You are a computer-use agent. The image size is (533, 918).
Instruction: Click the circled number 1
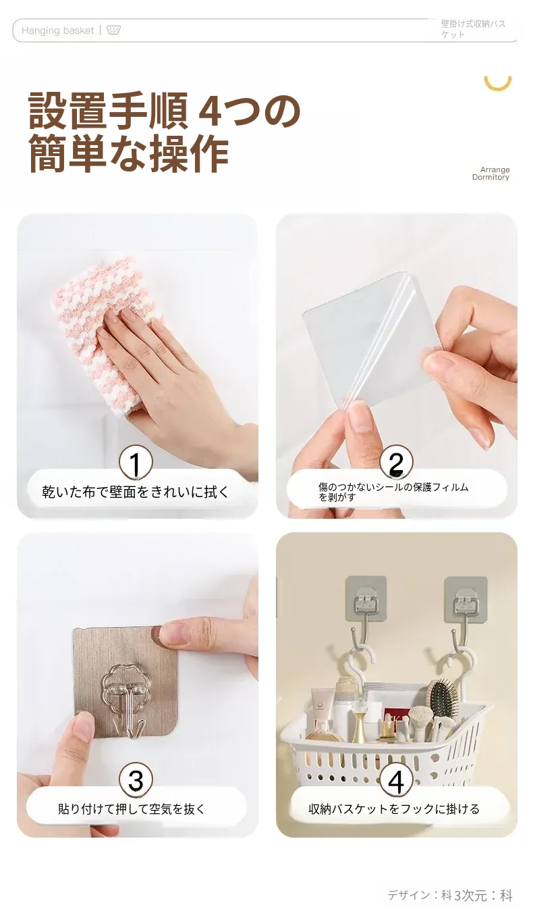pyautogui.click(x=136, y=463)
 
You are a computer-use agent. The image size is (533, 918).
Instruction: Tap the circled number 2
pyautogui.click(x=396, y=463)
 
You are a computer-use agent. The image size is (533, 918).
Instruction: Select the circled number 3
pyautogui.click(x=136, y=781)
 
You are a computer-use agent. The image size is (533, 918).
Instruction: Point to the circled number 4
pyautogui.click(x=396, y=781)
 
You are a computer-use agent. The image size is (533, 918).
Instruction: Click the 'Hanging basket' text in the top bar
pyautogui.click(x=58, y=31)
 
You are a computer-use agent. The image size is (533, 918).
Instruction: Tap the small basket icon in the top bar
pyautogui.click(x=113, y=30)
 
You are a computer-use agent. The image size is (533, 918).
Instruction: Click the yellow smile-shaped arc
pyautogui.click(x=497, y=84)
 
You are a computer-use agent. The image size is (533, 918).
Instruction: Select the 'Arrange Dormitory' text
pyautogui.click(x=491, y=174)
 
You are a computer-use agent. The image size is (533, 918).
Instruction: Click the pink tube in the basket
pyautogui.click(x=322, y=706)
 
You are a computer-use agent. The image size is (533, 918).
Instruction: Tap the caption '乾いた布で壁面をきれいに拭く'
pyautogui.click(x=136, y=492)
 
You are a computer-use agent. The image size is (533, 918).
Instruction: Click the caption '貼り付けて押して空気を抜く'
pyautogui.click(x=132, y=809)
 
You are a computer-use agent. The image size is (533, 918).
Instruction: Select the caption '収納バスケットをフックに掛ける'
pyautogui.click(x=394, y=809)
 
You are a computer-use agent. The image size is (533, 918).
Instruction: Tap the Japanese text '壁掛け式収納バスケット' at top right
pyautogui.click(x=474, y=29)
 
